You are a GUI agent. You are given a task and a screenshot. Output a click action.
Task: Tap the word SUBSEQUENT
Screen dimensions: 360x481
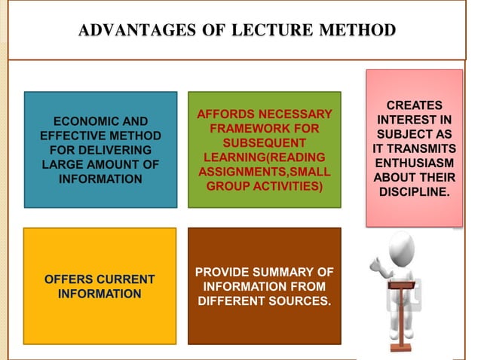pyautogui.click(x=264, y=143)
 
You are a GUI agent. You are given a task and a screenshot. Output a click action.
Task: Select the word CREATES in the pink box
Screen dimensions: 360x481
pyautogui.click(x=414, y=106)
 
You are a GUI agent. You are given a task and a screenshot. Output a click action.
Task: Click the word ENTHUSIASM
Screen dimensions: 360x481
pyautogui.click(x=414, y=163)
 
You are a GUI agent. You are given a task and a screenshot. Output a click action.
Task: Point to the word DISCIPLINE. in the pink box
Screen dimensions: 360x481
pyautogui.click(x=414, y=192)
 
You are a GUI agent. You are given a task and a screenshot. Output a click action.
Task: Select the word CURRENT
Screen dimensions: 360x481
pyautogui.click(x=126, y=279)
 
